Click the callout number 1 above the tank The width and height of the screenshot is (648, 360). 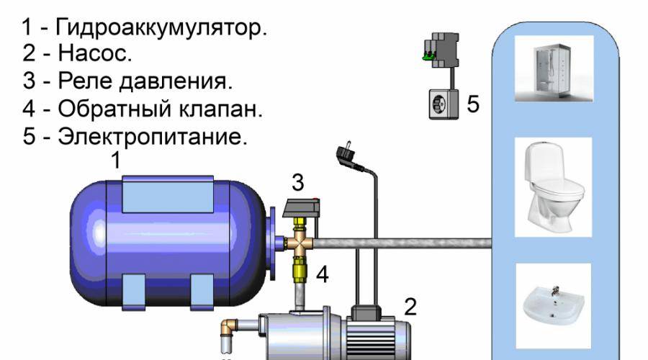[114, 161]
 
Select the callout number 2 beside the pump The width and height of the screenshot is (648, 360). [410, 307]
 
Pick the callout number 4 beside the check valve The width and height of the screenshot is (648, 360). [323, 274]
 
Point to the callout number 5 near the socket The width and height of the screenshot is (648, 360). [472, 104]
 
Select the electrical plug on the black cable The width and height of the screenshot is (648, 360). [345, 156]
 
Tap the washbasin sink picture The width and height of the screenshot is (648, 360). [554, 303]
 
